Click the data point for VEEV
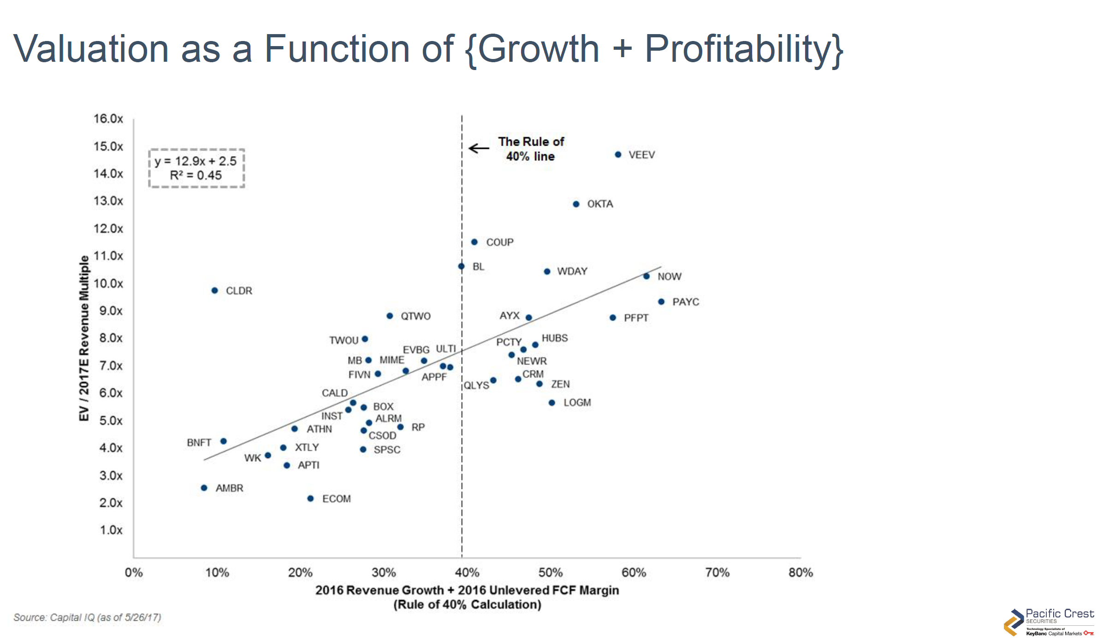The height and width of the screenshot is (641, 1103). [x=618, y=154]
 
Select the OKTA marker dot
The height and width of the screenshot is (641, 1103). [x=576, y=204]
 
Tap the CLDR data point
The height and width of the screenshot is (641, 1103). [x=214, y=290]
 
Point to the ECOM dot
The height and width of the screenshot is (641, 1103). [x=310, y=498]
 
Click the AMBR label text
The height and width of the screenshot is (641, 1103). [x=229, y=488]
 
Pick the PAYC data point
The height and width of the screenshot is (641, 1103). [x=661, y=301]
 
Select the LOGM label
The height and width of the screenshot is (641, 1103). [x=577, y=402]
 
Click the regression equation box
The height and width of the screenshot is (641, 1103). [x=196, y=168]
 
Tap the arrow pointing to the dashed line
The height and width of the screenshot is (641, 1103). [x=479, y=148]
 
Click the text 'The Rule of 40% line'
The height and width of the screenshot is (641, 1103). [x=531, y=148]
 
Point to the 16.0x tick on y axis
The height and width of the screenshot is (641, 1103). [x=108, y=119]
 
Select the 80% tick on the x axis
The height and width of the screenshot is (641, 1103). [x=801, y=572]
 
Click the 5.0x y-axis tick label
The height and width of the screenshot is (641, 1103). [x=111, y=420]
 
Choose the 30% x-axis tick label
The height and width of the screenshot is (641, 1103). [x=384, y=572]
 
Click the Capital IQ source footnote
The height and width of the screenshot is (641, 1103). [x=87, y=617]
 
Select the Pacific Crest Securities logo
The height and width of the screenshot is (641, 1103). [x=1049, y=622]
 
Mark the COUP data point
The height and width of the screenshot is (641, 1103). [x=474, y=242]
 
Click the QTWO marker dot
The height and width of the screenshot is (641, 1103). [x=390, y=316]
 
